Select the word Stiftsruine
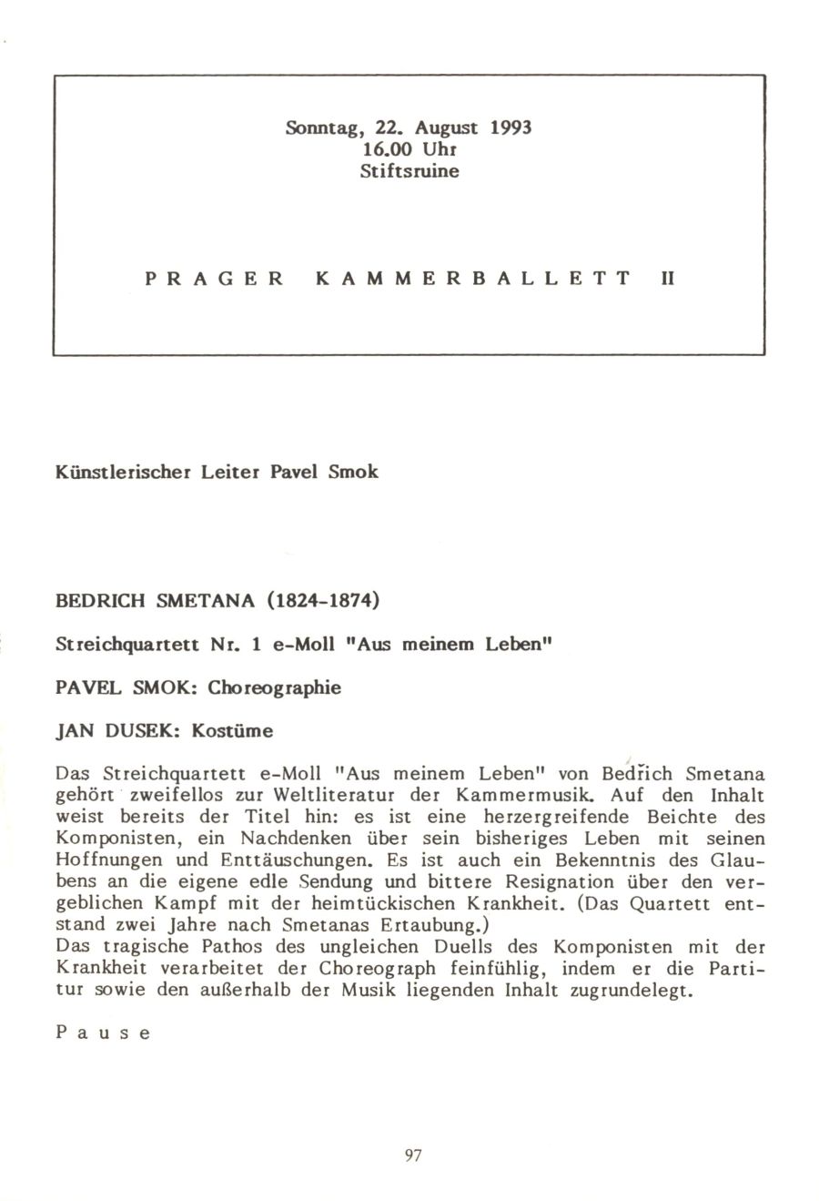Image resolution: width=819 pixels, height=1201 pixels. (408, 169)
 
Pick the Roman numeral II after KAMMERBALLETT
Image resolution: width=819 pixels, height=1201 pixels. (666, 277)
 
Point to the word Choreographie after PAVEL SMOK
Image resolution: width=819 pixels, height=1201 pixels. (274, 687)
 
